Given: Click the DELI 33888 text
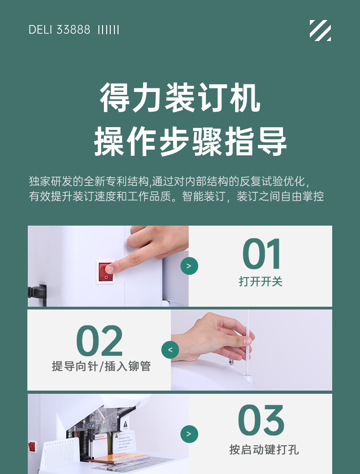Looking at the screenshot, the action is coord(59,30).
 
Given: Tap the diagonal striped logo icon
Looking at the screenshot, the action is coord(320,30).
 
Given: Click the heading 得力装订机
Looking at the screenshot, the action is coord(180,98).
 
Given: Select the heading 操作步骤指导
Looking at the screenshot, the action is coord(190,141).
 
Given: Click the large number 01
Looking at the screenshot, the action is coord(262,254).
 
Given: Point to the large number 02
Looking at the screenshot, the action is coord(99,340).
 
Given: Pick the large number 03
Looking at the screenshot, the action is coord(261,420).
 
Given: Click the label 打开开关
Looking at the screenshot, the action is coord(261,282).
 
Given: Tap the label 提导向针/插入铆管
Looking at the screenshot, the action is coord(101,366).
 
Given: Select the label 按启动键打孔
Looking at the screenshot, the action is coord(264,449).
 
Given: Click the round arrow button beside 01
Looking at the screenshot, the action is coord(189,266).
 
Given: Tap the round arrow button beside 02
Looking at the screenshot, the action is coord(170,350).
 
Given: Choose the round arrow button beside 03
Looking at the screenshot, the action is coord(189,434).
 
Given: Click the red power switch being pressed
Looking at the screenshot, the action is coord(105,272).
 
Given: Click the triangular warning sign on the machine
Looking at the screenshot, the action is coord(125,424).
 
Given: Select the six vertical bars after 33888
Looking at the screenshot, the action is coord(108,30).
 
